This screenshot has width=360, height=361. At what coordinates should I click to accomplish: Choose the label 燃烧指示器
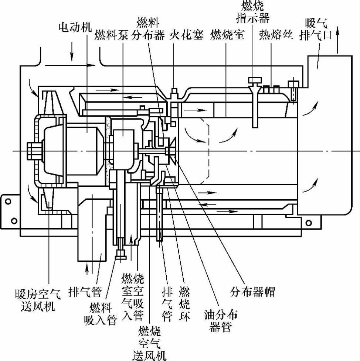coord(255,11)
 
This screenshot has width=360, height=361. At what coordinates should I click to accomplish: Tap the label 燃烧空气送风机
coord(149,342)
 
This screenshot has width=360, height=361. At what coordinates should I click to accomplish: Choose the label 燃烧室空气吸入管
coord(132,296)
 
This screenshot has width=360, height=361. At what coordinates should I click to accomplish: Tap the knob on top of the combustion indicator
coord(254,79)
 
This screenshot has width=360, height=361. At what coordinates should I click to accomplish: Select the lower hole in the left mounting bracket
coord(14,221)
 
